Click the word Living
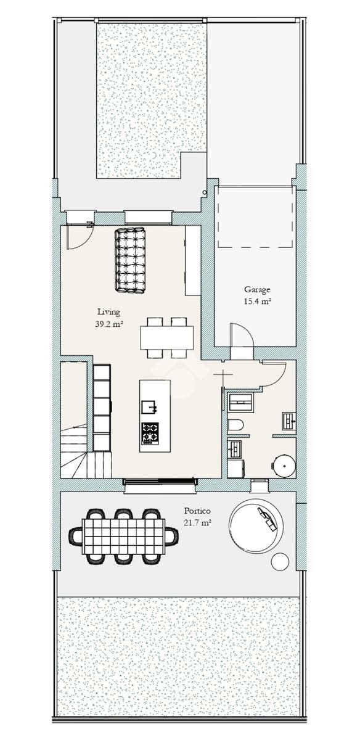point(108,312)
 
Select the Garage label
point(257,290)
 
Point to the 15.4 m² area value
point(257,302)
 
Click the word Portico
point(197,511)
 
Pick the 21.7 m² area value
point(197,523)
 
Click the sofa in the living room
point(130,260)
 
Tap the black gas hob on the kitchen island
point(150,433)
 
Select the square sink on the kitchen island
point(149,407)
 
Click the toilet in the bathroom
point(235,425)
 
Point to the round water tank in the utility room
point(284,466)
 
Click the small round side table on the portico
point(280,561)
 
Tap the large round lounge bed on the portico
point(256,525)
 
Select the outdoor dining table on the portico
point(123,536)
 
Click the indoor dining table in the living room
point(167,338)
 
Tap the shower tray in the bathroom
point(241,402)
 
